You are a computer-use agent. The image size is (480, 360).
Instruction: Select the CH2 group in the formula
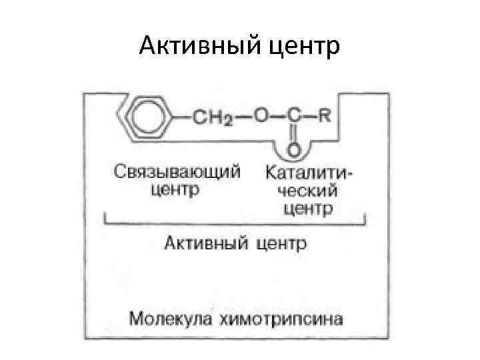[x=213, y=117]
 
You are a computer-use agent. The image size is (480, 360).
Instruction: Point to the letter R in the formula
[x=324, y=115]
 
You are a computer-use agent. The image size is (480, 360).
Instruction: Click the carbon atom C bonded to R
[x=292, y=115]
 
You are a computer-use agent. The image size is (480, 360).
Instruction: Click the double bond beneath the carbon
[x=292, y=133]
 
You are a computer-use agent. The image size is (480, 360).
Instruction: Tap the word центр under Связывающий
[x=175, y=191]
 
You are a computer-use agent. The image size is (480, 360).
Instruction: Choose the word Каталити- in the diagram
[x=309, y=173]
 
